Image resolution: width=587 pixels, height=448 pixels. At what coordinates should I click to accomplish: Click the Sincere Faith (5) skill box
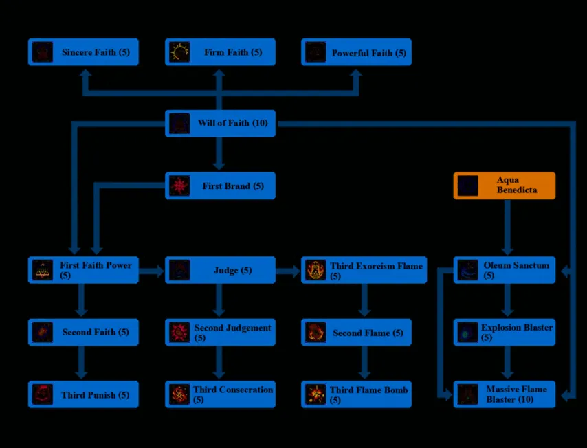(x=83, y=52)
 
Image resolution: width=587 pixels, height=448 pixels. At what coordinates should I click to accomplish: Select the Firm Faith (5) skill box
(x=220, y=52)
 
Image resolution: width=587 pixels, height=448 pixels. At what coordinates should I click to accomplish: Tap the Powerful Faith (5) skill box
(x=356, y=52)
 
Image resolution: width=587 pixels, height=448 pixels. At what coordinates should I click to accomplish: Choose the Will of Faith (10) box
(x=220, y=124)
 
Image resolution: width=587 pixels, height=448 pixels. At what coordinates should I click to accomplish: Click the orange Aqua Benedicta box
(x=505, y=186)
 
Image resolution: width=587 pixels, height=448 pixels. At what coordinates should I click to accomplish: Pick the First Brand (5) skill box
(x=220, y=186)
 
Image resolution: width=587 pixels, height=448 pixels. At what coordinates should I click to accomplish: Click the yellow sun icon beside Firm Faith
(x=179, y=52)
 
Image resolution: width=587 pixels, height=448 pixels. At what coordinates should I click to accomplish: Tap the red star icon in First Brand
(x=179, y=186)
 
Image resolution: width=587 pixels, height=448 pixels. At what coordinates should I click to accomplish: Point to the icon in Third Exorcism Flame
(x=315, y=270)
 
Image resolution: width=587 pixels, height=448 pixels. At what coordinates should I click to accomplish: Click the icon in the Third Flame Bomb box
(x=315, y=394)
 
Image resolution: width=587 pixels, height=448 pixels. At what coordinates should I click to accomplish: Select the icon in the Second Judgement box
(x=179, y=333)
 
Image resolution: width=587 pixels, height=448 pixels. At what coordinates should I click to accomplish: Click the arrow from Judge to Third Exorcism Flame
(x=288, y=271)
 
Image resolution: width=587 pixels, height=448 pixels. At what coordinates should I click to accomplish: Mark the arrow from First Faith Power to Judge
(x=152, y=271)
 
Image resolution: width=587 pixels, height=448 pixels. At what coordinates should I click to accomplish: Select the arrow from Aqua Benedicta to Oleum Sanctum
(x=507, y=227)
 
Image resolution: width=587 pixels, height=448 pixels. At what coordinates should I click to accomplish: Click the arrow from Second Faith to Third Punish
(x=81, y=363)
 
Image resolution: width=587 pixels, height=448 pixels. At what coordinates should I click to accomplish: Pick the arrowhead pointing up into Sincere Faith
(x=85, y=74)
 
